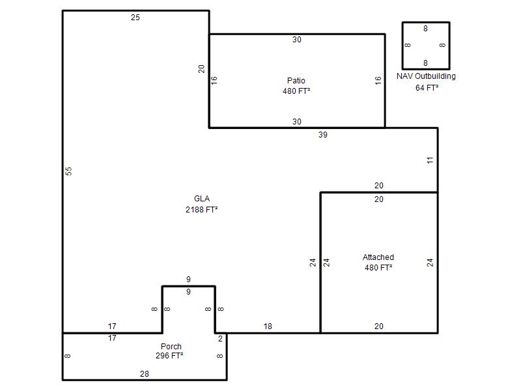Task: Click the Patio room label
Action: point(296,80)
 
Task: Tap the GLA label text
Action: point(202,199)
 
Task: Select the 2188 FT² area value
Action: point(202,209)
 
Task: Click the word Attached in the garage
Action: point(378,257)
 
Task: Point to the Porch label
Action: point(171,346)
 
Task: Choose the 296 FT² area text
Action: point(169,355)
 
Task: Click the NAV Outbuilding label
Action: point(426,76)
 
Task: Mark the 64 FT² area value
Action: point(427,88)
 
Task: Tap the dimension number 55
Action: point(68,171)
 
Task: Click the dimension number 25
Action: point(135,18)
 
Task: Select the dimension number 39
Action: point(323,135)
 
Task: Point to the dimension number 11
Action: point(430,160)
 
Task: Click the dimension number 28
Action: point(144,373)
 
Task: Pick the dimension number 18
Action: point(268,326)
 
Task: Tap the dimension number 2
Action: point(220,338)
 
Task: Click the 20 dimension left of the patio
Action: point(201,69)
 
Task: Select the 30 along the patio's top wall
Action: point(297,40)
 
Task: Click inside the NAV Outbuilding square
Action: point(426,46)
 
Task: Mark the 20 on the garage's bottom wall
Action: point(379,326)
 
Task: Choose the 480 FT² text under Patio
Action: point(296,91)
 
